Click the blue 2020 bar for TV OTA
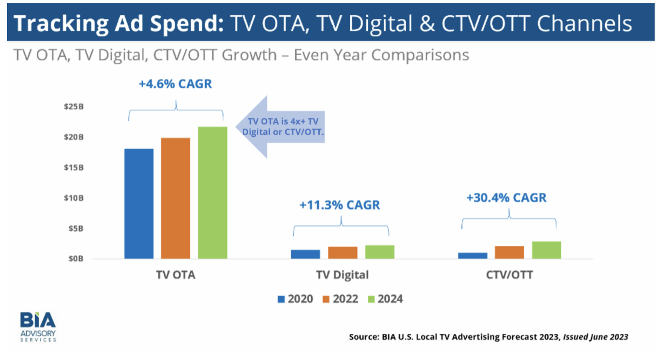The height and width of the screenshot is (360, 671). pos(139,203)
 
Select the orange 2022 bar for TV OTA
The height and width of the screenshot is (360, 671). pos(176,198)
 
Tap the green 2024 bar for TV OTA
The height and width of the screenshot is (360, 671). pos(212,192)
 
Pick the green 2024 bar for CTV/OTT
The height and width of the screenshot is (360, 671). pos(546,250)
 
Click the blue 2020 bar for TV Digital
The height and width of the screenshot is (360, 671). pos(305,254)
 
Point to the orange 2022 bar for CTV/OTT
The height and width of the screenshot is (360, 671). pos(509,252)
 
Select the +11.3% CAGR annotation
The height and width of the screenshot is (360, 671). pos(340,205)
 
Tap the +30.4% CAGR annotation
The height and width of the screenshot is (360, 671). pos(506,198)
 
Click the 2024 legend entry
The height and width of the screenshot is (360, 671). pos(385,299)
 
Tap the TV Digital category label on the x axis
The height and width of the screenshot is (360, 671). pos(342,275)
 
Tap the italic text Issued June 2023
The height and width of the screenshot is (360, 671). pos(596,337)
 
